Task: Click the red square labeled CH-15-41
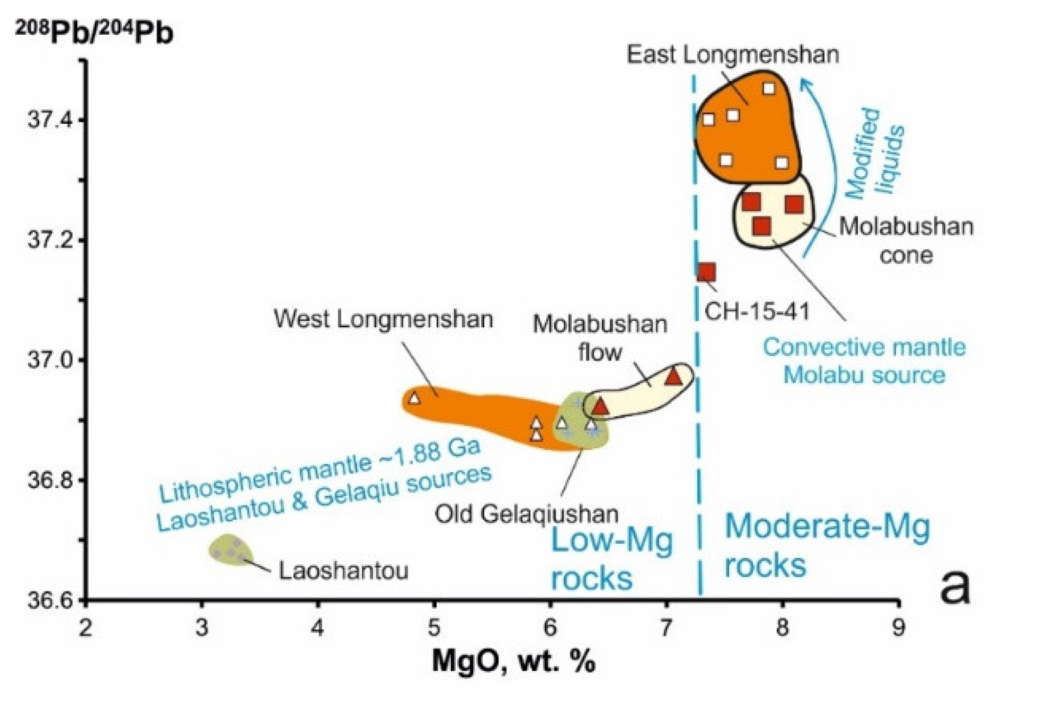[x=706, y=272]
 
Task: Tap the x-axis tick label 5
[x=434, y=628]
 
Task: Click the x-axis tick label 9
[x=898, y=628]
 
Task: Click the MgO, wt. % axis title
[x=513, y=662]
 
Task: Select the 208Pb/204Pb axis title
[x=94, y=33]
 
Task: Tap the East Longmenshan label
[x=733, y=54]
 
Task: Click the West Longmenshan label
[x=383, y=320]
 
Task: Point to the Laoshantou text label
[x=343, y=571]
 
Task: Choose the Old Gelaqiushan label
[x=527, y=514]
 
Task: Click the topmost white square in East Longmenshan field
[x=769, y=89]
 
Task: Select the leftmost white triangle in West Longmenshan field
[x=414, y=398]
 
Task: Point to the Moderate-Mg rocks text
[x=826, y=546]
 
